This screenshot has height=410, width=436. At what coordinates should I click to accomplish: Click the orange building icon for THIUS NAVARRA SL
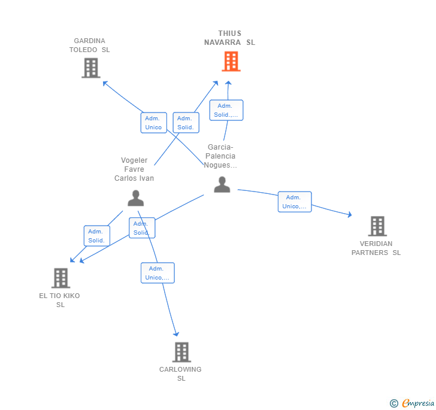pyautogui.click(x=231, y=62)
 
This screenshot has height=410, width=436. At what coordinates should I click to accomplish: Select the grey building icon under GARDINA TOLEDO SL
pyautogui.click(x=91, y=68)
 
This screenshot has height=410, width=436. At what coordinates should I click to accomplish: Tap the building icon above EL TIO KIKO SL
pyautogui.click(x=61, y=278)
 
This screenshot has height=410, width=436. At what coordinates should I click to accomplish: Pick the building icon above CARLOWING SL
pyautogui.click(x=181, y=352)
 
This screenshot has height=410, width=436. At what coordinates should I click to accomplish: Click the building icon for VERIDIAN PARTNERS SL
pyautogui.click(x=377, y=226)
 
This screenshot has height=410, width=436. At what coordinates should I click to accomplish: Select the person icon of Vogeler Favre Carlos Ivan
pyautogui.click(x=136, y=198)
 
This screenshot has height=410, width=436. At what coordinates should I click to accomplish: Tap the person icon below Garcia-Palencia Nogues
pyautogui.click(x=222, y=184)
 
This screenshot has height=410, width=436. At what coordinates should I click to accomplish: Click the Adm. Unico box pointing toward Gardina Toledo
pyautogui.click(x=154, y=123)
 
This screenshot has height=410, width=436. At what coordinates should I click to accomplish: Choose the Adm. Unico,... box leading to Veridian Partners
pyautogui.click(x=295, y=202)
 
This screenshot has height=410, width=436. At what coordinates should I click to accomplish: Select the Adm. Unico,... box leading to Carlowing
pyautogui.click(x=158, y=273)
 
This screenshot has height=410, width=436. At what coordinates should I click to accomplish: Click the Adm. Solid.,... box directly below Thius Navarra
pyautogui.click(x=226, y=110)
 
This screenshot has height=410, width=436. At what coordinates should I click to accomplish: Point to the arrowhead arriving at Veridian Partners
pyautogui.click(x=350, y=214)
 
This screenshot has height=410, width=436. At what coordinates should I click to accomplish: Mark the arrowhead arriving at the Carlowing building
pyautogui.click(x=176, y=334)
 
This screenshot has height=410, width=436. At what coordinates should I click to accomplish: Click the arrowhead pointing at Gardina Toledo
pyautogui.click(x=105, y=83)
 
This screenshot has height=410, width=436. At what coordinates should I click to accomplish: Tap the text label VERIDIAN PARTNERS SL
pyautogui.click(x=376, y=248)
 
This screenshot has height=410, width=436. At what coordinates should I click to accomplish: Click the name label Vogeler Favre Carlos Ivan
pyautogui.click(x=134, y=169)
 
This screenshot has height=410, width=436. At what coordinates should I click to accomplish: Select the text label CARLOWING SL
pyautogui.click(x=180, y=374)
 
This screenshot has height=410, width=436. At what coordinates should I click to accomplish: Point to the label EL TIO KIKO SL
pyautogui.click(x=59, y=300)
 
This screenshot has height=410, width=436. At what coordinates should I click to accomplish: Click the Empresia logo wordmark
pyautogui.click(x=418, y=403)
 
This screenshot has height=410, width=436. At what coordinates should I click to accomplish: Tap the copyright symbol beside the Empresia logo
pyautogui.click(x=394, y=403)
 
